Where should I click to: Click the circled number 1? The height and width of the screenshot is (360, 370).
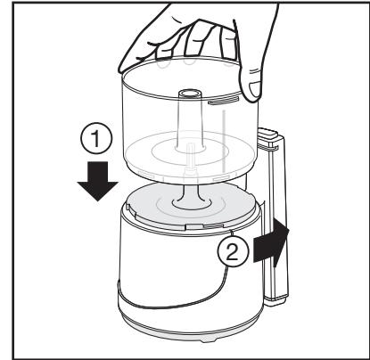[x=96, y=138]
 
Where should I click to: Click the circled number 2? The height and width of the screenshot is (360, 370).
[x=233, y=252]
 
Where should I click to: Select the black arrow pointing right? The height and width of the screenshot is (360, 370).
[x=271, y=242]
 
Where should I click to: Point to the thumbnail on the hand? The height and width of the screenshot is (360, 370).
[x=253, y=89]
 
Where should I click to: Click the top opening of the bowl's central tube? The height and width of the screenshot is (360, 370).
[x=189, y=93]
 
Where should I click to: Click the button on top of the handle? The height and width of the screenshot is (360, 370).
[x=267, y=132]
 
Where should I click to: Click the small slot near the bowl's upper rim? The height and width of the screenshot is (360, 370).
[x=223, y=102]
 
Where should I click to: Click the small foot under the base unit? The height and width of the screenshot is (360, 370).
[x=210, y=340]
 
